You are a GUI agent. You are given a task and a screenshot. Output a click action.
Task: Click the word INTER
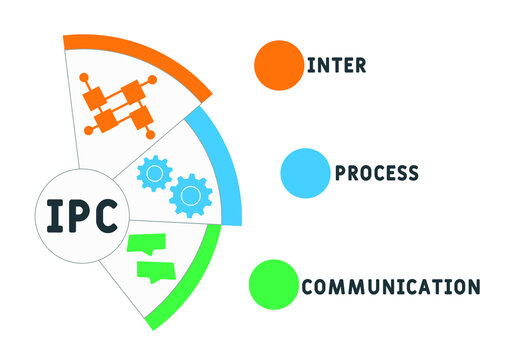coord(336,66)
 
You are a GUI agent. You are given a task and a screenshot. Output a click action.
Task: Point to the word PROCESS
coord(376,172)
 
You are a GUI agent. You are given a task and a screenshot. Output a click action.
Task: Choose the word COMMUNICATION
coord(390,287)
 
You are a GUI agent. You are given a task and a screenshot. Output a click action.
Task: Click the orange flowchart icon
coord(117,103)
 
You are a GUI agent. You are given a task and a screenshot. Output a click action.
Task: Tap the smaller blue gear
coord(153,175)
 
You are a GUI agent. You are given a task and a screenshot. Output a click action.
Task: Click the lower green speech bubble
coord(155,270)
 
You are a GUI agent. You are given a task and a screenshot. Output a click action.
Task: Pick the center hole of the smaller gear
coord(153,175)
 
